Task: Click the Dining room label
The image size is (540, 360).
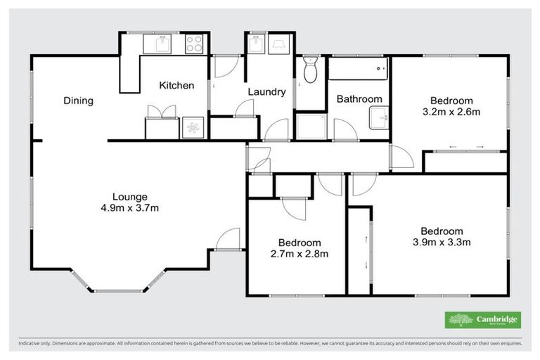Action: [x=78, y=101]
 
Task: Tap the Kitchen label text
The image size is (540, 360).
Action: [x=176, y=86]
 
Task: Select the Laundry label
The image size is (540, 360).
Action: [x=266, y=92]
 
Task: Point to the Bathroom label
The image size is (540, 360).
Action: [x=359, y=99]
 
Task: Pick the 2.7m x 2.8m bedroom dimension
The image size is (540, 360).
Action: [x=300, y=254]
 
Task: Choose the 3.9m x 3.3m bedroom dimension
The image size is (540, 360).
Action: [x=442, y=243]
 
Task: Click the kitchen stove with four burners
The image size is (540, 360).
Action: [x=194, y=44]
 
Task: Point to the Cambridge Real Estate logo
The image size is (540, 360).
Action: [x=483, y=320]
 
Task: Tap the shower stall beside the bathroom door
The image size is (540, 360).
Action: [x=307, y=127]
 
